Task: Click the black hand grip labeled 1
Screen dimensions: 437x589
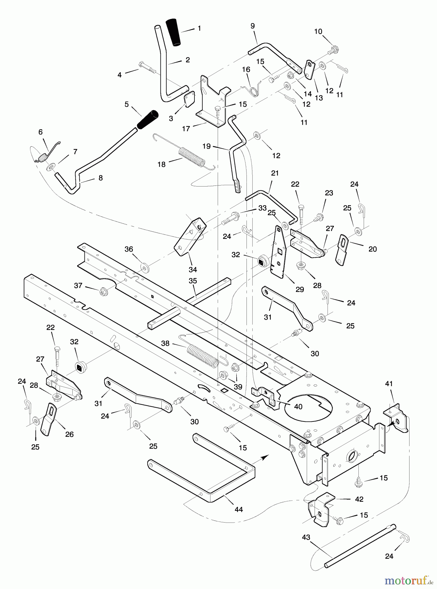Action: click(x=174, y=32)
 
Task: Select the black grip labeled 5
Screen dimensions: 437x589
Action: click(x=148, y=120)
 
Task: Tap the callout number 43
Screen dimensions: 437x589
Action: click(x=306, y=537)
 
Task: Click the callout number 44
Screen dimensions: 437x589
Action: click(x=239, y=509)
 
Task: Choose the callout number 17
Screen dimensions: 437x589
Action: click(x=186, y=129)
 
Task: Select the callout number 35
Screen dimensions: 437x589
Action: click(x=193, y=281)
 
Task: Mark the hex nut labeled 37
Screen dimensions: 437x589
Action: click(x=103, y=290)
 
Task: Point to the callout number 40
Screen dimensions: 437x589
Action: click(x=298, y=407)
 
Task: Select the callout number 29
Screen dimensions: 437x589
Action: click(x=300, y=289)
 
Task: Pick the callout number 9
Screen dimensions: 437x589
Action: click(x=252, y=26)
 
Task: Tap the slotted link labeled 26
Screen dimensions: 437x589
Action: click(x=48, y=420)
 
